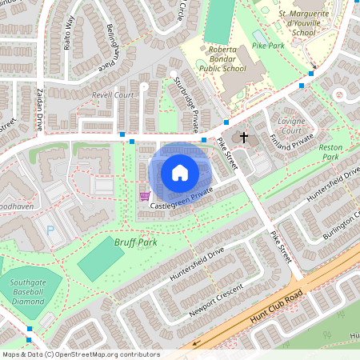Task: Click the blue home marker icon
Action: coord(180,172)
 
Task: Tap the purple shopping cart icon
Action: coord(144,196)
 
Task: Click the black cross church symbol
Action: coord(244,138)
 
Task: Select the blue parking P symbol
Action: coord(51,230)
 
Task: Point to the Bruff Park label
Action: coord(135,241)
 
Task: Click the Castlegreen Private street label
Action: coord(181,199)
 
